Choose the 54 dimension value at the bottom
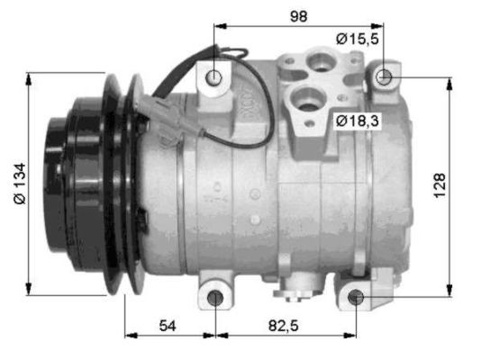click(169, 324)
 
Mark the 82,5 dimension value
click(284, 324)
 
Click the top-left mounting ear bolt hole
click(214, 77)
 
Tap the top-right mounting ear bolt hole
click(384, 76)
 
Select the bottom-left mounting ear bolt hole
click(215, 298)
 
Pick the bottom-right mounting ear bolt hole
click(356, 297)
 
